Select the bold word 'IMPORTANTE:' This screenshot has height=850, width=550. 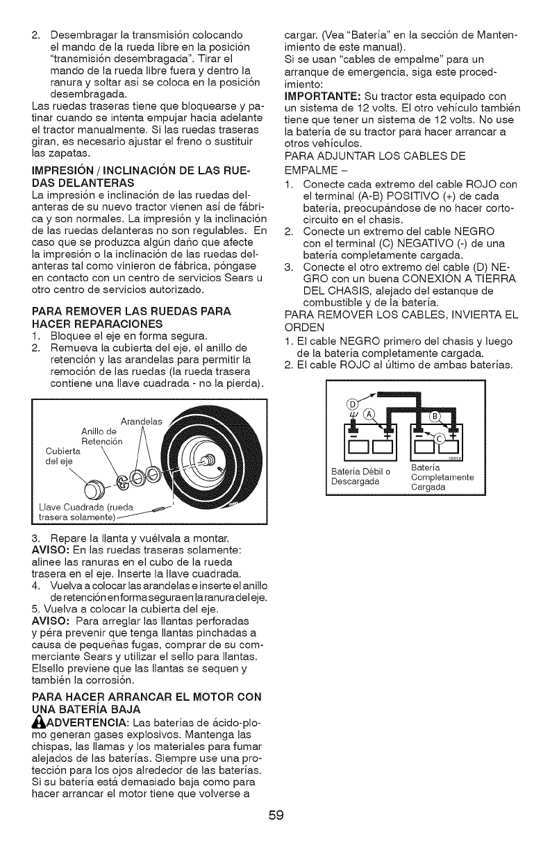click(319, 95)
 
